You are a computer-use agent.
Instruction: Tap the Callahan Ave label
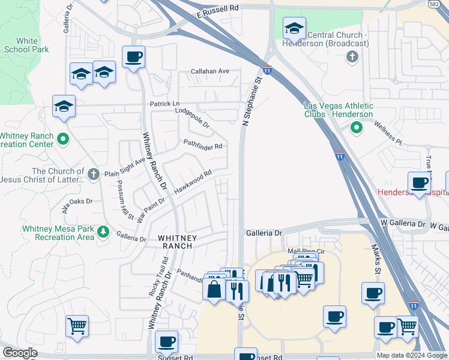point(210,71)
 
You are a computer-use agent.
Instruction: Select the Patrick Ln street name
point(164,104)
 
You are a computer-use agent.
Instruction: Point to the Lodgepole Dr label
point(192,118)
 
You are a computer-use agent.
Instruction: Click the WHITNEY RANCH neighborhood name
point(175,242)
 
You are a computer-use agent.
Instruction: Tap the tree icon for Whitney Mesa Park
point(103,231)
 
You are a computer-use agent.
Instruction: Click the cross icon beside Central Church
point(352,57)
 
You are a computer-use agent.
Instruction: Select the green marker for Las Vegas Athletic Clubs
point(356,127)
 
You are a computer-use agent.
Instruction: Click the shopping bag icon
point(214,289)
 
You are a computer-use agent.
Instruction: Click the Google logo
point(20,353)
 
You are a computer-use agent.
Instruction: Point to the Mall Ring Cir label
point(306,251)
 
